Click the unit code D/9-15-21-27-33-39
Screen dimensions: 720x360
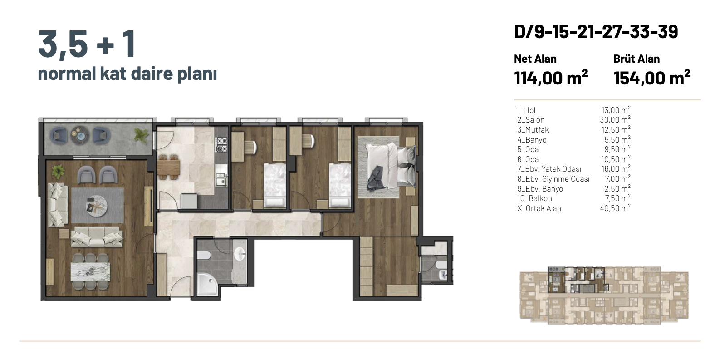point(596,32)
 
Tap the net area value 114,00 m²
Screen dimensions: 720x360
point(551,78)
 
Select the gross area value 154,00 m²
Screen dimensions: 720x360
point(651,78)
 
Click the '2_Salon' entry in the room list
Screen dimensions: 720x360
point(531,120)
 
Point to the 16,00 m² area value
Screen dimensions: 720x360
point(616,168)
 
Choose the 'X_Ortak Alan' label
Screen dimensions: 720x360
point(539,208)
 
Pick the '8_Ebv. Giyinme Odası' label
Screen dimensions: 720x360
point(553,179)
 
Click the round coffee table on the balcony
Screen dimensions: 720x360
point(80,134)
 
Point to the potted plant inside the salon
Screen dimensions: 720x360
point(58,171)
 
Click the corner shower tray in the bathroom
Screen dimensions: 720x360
point(208,284)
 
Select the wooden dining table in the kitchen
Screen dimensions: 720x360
point(168,168)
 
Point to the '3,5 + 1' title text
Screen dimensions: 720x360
point(87,44)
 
